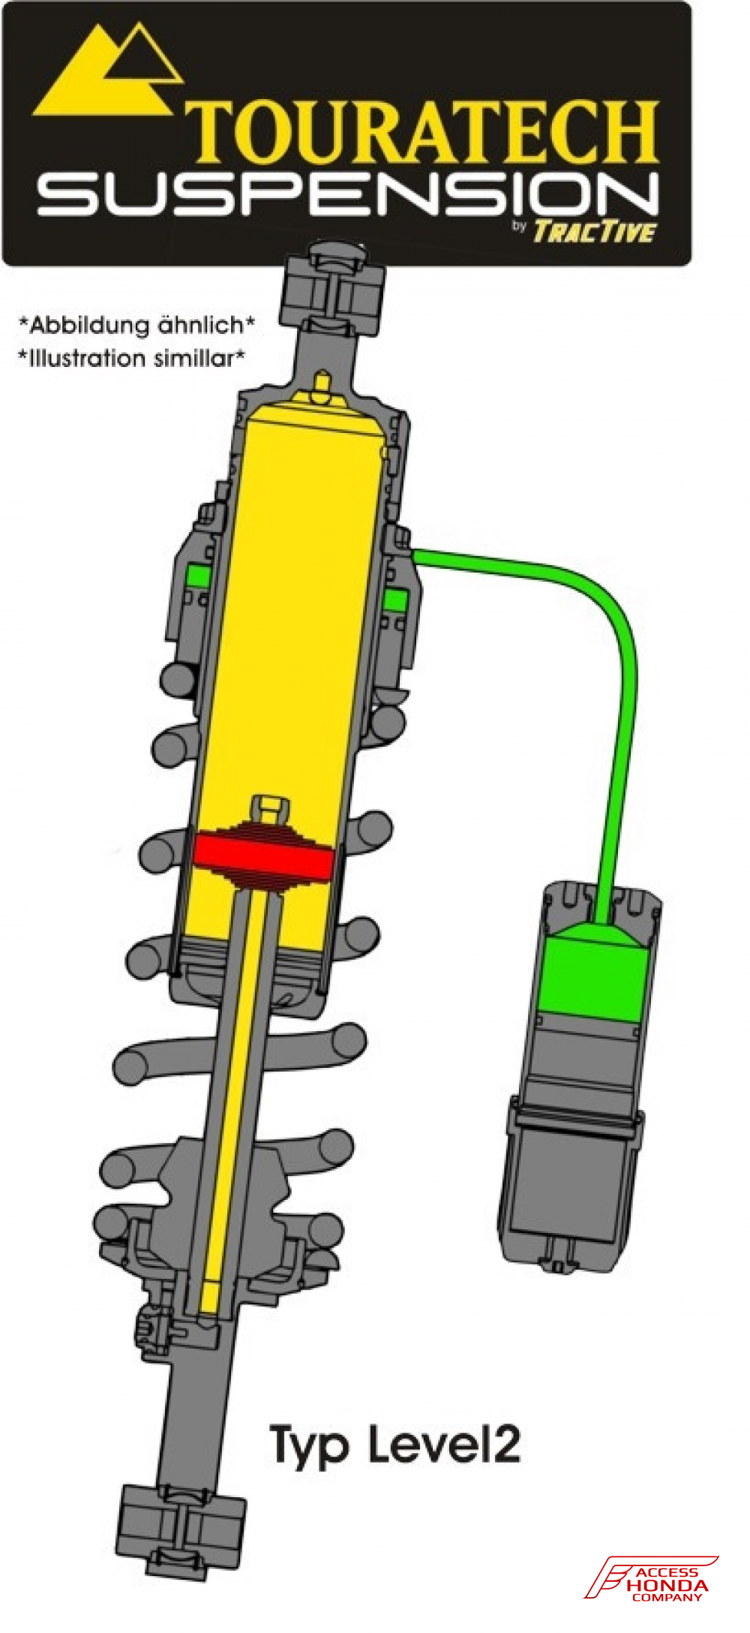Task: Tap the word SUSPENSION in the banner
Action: tap(348, 197)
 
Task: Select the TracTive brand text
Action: tap(594, 232)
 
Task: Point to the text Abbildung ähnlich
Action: tap(136, 325)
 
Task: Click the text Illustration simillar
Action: tap(132, 359)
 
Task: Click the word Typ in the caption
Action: tap(308, 1445)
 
